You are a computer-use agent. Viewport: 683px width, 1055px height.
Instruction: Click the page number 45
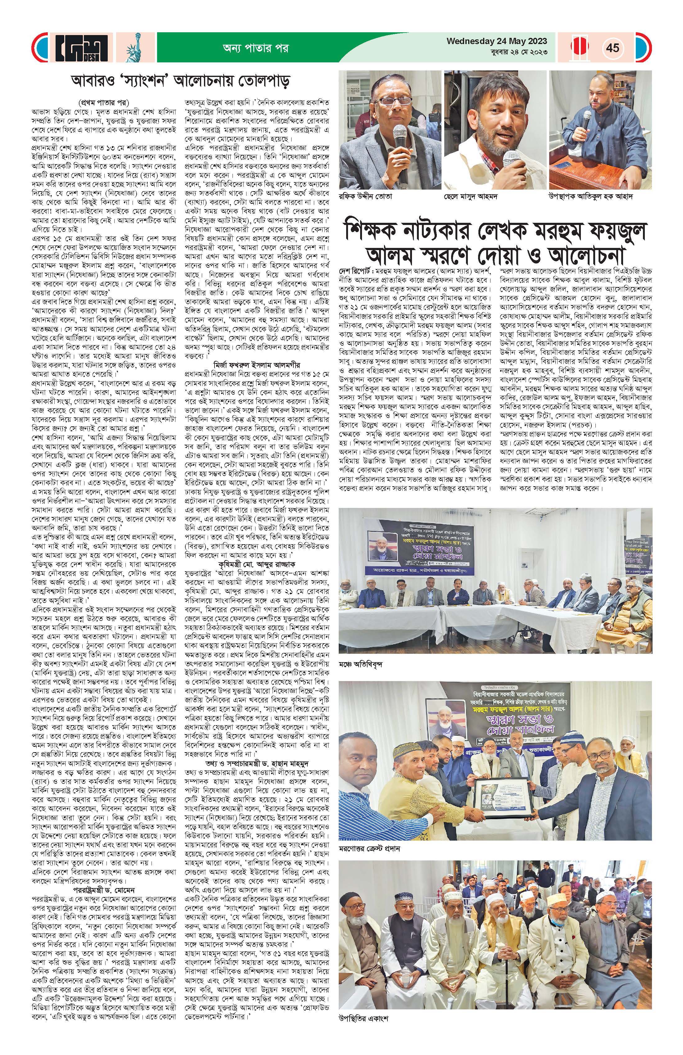pyautogui.click(x=613, y=47)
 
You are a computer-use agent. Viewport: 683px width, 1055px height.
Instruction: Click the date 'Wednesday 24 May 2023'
pyautogui.click(x=497, y=41)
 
